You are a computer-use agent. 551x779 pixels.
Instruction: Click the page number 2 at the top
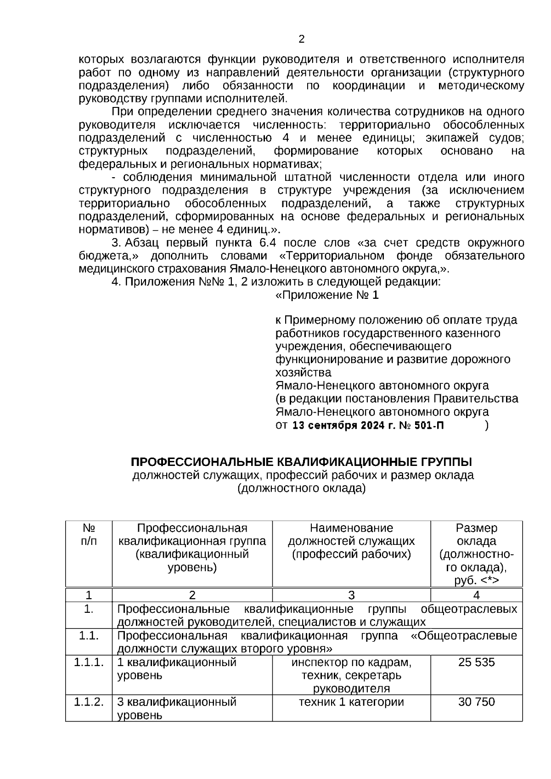tap(301, 39)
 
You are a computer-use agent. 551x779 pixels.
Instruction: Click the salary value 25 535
tap(476, 662)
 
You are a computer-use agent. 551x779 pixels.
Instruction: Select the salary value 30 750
tap(476, 701)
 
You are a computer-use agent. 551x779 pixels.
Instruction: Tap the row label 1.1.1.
tap(89, 662)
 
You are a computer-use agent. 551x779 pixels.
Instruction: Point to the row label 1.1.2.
tap(89, 701)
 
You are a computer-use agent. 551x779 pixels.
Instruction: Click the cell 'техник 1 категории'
tap(351, 701)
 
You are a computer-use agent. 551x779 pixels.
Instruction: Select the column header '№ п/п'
tap(89, 534)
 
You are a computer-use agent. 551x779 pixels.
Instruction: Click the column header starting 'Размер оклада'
tap(476, 554)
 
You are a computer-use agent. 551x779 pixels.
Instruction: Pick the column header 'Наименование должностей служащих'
tap(351, 541)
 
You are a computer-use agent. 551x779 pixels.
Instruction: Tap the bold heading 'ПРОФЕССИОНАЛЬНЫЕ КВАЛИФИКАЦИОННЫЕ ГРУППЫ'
tap(301, 461)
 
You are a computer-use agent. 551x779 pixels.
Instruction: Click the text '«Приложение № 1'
tap(327, 295)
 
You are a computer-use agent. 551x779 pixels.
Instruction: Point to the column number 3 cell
tap(351, 595)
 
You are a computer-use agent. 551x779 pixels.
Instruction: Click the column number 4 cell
tap(476, 595)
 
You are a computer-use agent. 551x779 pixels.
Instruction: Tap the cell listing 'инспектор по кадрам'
tap(351, 675)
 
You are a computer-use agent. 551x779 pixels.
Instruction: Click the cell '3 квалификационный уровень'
tap(177, 708)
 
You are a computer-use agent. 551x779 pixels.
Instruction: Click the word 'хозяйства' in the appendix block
tap(303, 372)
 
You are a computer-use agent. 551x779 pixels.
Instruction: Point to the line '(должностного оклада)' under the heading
tap(301, 488)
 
